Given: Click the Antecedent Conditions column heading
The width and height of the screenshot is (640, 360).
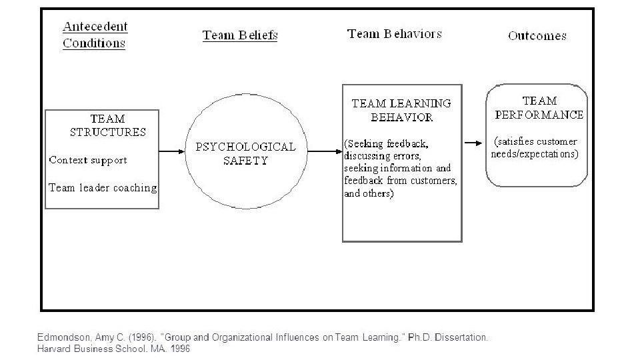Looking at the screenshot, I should click(95, 35).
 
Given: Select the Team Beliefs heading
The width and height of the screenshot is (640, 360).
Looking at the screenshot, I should click(240, 35).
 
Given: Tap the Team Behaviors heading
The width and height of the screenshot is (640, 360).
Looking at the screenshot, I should click(394, 34).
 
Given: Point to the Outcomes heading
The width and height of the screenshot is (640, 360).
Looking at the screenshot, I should click(537, 36).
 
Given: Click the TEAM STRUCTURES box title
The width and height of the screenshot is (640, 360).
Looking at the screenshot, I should click(107, 125).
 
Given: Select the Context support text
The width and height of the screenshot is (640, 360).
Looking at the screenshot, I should click(88, 160).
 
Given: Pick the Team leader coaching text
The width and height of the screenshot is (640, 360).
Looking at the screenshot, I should click(103, 188).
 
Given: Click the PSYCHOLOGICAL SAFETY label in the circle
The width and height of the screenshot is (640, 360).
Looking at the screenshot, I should click(245, 153).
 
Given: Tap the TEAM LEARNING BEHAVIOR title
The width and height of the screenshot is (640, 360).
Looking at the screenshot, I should click(401, 110).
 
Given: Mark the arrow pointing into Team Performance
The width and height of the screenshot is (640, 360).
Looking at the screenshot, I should click(475, 143).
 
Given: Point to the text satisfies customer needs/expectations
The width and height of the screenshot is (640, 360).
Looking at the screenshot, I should click(535, 147).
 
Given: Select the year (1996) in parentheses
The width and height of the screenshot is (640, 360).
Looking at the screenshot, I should click(135, 337).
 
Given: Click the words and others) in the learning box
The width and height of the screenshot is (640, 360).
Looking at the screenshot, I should click(369, 194).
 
